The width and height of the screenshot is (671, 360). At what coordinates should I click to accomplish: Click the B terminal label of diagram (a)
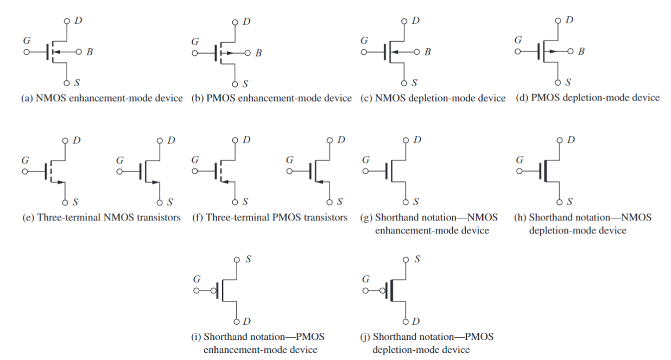(x=90, y=53)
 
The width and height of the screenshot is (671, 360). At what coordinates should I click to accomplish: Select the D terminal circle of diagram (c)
(x=404, y=21)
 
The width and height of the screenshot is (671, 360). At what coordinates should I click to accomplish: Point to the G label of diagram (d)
(x=518, y=40)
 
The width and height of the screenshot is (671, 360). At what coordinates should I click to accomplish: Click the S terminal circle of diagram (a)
(x=66, y=84)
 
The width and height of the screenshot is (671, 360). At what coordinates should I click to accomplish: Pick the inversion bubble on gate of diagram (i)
(x=214, y=291)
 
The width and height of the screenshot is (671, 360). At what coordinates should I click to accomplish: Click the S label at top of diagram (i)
(x=248, y=259)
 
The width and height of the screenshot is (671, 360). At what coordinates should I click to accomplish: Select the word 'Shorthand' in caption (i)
(x=226, y=337)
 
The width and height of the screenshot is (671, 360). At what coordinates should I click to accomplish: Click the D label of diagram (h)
(x=569, y=140)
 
